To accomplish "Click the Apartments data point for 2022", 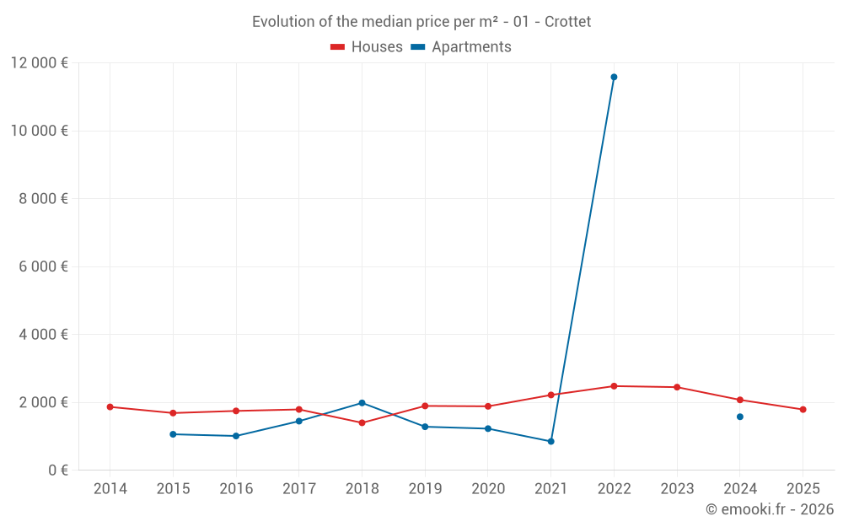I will coord(614,77).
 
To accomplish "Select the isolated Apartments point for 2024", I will coord(740,417).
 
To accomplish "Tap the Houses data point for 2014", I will coord(110,406).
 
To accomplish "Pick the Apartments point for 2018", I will coord(362,403).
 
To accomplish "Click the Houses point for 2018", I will coord(362,422).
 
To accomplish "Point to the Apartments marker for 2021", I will coord(551,441).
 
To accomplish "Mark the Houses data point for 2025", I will coord(803,410).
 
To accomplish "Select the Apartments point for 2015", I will coord(173,434).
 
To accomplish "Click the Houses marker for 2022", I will coord(614,386).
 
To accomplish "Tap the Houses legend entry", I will coord(368,47).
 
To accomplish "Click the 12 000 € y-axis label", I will coord(40,62).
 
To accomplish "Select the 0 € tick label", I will coord(58,470).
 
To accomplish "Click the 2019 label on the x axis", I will coord(425,489).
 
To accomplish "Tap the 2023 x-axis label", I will coord(677,489).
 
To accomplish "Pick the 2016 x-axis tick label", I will coord(236,489).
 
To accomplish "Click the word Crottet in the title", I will coord(567,22).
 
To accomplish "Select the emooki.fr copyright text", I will coord(769,509).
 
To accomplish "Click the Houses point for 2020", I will coord(488,406).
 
